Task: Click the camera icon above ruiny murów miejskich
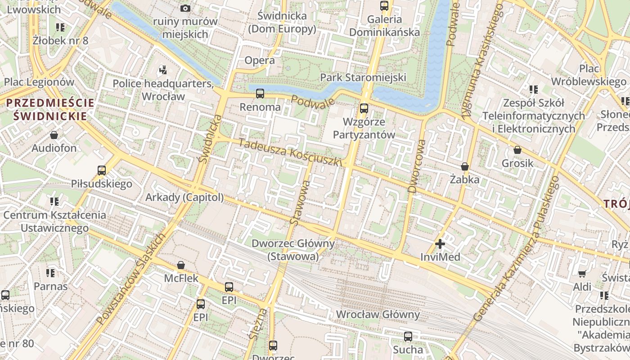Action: (x=185, y=8)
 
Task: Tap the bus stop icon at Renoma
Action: (x=260, y=94)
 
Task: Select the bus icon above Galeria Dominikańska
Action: (x=384, y=6)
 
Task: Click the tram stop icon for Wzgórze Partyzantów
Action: (x=364, y=108)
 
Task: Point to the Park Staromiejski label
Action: (x=363, y=77)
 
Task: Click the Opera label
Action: (x=260, y=60)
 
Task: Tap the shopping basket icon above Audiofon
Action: (x=54, y=135)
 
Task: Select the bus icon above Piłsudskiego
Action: (x=102, y=170)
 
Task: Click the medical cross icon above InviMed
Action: (x=440, y=244)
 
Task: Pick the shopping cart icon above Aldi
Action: (x=582, y=274)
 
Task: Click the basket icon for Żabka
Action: (x=465, y=166)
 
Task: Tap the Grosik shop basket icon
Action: (x=517, y=150)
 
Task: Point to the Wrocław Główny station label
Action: (x=378, y=314)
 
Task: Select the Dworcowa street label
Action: (x=416, y=166)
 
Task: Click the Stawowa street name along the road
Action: (x=301, y=202)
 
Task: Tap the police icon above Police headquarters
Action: (x=163, y=70)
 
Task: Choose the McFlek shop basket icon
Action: (x=181, y=265)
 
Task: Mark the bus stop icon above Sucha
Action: (x=408, y=336)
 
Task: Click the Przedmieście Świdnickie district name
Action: (x=50, y=109)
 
